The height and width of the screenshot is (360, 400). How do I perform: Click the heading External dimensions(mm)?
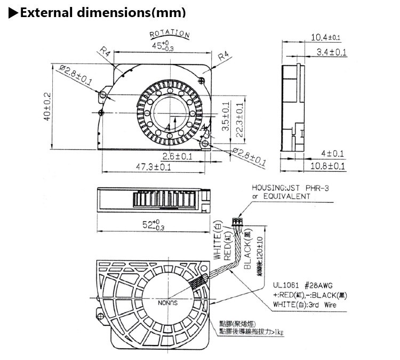click(101, 12)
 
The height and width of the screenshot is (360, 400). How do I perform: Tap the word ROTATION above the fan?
click(170, 35)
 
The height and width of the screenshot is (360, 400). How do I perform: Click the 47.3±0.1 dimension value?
click(153, 167)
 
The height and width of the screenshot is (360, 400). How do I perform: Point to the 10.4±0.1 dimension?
click(325, 37)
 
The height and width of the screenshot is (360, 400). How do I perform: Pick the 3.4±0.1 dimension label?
click(331, 52)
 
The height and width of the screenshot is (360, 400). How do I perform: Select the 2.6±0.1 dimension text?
click(177, 156)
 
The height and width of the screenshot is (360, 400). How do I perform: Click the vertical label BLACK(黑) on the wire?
click(247, 252)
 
